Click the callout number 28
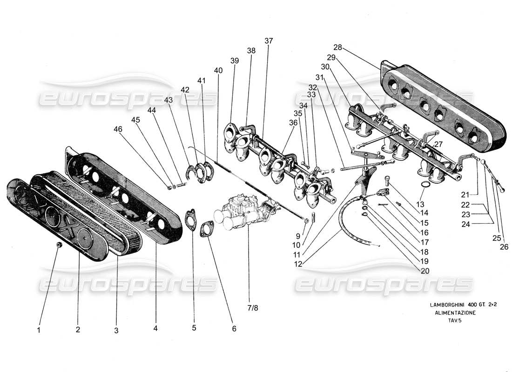(337, 47)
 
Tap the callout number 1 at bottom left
(39, 331)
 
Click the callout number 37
(269, 41)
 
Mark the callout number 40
(218, 70)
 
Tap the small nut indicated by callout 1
(59, 245)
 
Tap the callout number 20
(424, 271)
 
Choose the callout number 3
(116, 331)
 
